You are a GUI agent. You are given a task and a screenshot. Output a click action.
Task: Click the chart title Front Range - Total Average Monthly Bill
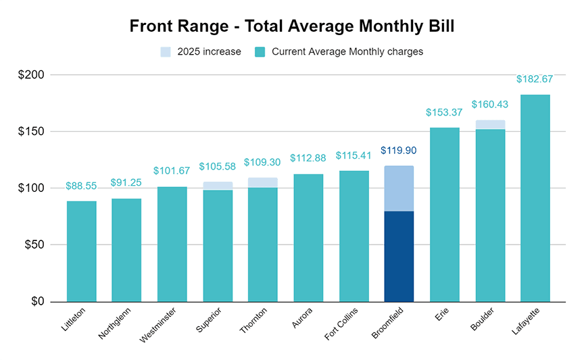pyautogui.click(x=292, y=26)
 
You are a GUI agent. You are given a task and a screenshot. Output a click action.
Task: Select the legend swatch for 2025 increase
pyautogui.click(x=166, y=52)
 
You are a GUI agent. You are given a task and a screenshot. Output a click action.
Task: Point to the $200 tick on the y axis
pyautogui.click(x=31, y=75)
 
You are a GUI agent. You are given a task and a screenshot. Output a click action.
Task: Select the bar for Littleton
pyautogui.click(x=81, y=251)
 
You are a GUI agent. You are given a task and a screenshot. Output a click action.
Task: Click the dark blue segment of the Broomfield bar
pyautogui.click(x=399, y=256)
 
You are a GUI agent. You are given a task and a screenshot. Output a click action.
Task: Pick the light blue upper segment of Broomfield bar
pyautogui.click(x=399, y=188)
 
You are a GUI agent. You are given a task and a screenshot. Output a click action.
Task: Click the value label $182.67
pyautogui.click(x=535, y=79)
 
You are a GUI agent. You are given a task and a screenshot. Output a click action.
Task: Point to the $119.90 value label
pyautogui.click(x=399, y=151)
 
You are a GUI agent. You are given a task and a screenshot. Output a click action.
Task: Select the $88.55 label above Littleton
pyautogui.click(x=81, y=186)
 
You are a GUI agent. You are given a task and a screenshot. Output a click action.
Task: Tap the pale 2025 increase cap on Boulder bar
pyautogui.click(x=490, y=124)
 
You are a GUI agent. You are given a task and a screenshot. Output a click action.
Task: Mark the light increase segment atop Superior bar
pyautogui.click(x=218, y=186)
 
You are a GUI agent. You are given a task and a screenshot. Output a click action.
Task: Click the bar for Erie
pyautogui.click(x=444, y=214)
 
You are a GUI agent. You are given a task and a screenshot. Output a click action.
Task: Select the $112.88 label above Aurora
pyautogui.click(x=308, y=158)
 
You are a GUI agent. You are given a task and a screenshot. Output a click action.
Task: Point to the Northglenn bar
pyautogui.click(x=126, y=250)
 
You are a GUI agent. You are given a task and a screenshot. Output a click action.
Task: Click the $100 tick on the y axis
pyautogui.click(x=31, y=188)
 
